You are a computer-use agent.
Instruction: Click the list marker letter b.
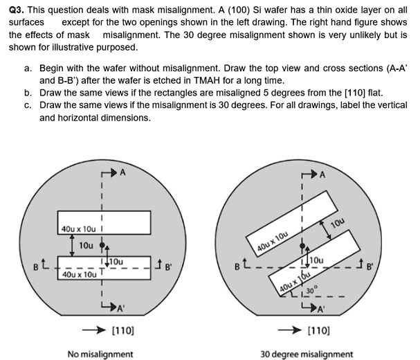click(27, 92)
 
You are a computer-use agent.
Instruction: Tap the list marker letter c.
click(27, 105)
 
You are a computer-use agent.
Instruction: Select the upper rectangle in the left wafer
click(103, 222)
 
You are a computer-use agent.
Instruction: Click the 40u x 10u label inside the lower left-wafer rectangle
click(76, 275)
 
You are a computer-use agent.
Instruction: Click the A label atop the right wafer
click(322, 175)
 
